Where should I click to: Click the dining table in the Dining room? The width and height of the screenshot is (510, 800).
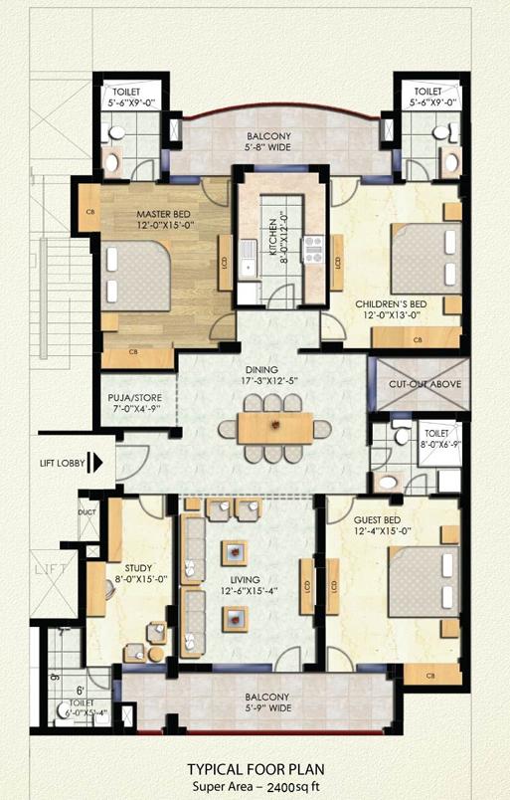274,428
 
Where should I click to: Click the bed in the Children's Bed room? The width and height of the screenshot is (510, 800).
424,258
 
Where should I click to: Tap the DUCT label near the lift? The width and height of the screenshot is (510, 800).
86,513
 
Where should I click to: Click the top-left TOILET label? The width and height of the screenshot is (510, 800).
126,91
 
